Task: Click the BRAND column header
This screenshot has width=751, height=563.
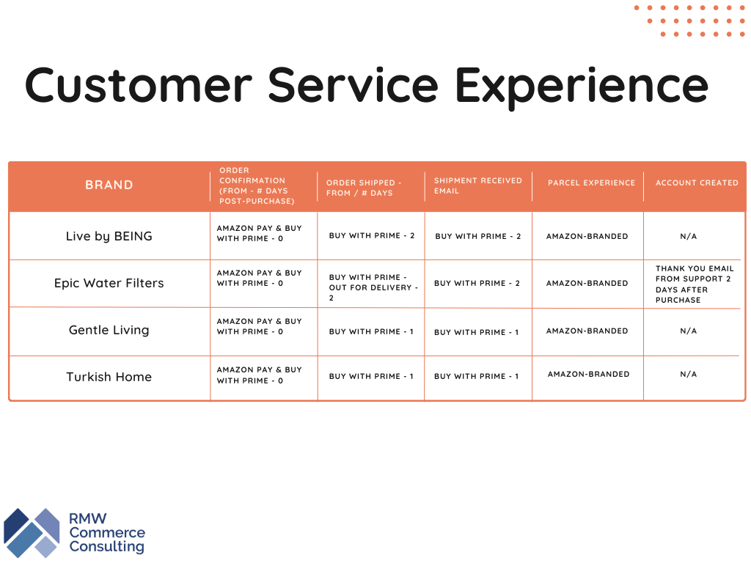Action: [x=109, y=185]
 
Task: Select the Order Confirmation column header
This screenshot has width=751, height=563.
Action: [x=256, y=185]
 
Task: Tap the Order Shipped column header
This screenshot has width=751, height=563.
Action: [x=364, y=188]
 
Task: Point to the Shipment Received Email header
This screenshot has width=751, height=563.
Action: [x=477, y=185]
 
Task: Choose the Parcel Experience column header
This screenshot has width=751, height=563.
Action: [x=591, y=183]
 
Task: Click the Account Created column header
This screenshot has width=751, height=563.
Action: [x=697, y=183]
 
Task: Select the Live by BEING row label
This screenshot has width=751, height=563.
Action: [x=109, y=236]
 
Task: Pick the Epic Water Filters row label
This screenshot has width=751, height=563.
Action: [x=109, y=283]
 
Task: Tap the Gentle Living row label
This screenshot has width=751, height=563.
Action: [x=109, y=330]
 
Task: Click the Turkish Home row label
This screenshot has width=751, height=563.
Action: [x=109, y=377]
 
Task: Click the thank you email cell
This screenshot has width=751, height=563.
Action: [x=694, y=284]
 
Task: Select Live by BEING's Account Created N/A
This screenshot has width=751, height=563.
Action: [x=688, y=236]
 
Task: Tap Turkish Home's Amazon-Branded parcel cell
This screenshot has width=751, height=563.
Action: [x=588, y=374]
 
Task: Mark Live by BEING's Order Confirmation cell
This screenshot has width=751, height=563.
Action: [x=259, y=234]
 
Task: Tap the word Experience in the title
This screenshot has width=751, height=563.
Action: [x=581, y=85]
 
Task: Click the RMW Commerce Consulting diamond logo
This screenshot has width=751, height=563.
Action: [x=32, y=533]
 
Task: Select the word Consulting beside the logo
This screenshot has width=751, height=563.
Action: [x=107, y=547]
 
